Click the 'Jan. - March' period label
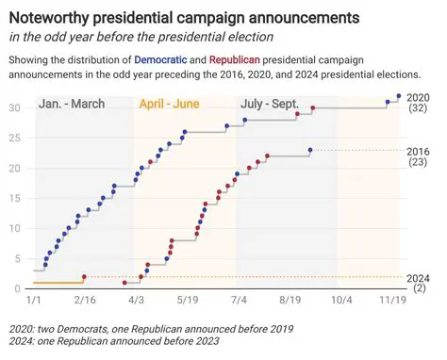(73, 106)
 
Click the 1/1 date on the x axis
(34, 301)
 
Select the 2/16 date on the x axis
(85, 301)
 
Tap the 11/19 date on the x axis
(393, 301)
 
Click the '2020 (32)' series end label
(419, 103)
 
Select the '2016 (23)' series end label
(419, 156)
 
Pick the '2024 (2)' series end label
(419, 283)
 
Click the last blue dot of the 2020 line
(399, 96)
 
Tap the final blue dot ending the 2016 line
(310, 150)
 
